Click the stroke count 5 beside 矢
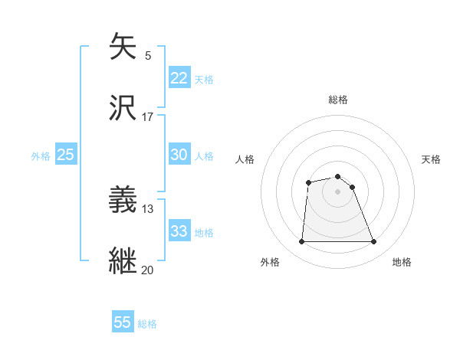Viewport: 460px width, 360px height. (x=148, y=55)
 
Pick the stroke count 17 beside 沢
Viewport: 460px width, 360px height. (x=147, y=116)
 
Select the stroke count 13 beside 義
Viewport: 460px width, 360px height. (x=147, y=209)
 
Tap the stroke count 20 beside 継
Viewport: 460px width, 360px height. (x=147, y=270)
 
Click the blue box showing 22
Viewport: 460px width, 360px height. (x=179, y=78)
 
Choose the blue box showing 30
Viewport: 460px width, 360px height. (x=179, y=155)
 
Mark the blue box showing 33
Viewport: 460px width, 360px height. (x=179, y=231)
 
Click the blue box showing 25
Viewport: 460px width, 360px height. (x=65, y=155)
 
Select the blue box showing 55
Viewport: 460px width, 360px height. (x=122, y=322)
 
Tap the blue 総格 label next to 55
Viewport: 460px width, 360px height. (x=147, y=324)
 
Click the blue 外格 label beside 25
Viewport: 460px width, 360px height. (x=41, y=156)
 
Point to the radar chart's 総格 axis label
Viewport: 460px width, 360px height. (x=337, y=100)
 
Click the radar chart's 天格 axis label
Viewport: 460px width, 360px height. (x=431, y=159)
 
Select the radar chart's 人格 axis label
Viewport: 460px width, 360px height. (x=245, y=159)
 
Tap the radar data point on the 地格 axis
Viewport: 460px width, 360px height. (x=373, y=242)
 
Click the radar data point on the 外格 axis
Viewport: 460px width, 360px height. (x=301, y=242)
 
